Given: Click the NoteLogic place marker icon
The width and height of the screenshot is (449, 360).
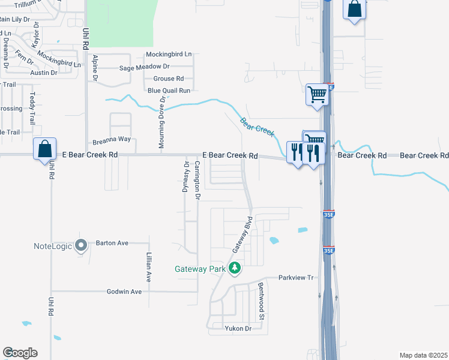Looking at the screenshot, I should [x=83, y=245].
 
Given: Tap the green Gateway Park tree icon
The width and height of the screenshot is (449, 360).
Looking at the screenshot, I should [x=236, y=268].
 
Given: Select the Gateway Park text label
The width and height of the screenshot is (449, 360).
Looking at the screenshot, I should [x=200, y=269].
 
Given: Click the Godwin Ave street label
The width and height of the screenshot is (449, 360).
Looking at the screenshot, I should [x=124, y=292].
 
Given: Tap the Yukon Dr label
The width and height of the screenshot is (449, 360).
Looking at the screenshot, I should [x=238, y=328].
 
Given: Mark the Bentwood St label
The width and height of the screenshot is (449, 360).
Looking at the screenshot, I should [x=261, y=300].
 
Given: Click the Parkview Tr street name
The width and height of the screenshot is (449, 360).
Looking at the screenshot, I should [x=297, y=278].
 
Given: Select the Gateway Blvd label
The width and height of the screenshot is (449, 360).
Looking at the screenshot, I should [x=241, y=234].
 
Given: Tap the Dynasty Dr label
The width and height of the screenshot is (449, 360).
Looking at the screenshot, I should [x=186, y=178].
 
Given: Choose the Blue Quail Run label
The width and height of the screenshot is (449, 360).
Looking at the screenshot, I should [x=169, y=90].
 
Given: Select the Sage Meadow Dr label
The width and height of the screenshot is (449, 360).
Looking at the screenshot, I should [x=145, y=67].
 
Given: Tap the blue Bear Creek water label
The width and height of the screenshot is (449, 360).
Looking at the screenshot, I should [x=257, y=126].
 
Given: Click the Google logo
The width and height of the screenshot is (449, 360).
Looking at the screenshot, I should [x=20, y=353].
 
